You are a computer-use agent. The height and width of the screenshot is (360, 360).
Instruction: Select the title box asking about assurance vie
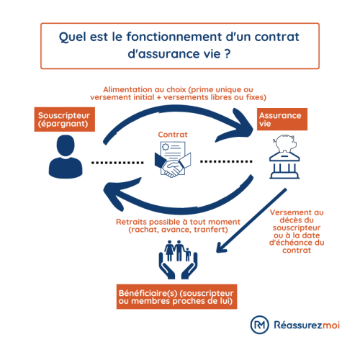tap(179, 43)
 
